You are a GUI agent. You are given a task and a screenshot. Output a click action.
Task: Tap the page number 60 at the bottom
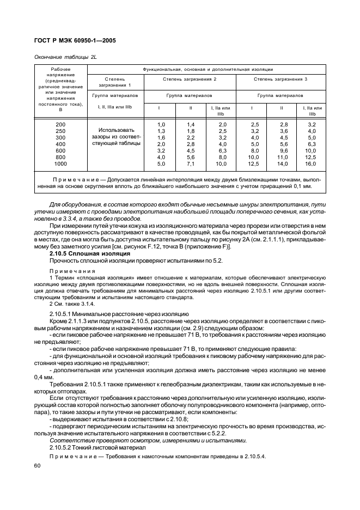(x=38, y=466)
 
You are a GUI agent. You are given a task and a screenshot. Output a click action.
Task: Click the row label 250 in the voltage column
(x=60, y=131)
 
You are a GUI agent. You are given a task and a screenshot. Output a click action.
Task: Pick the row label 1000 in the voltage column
(x=60, y=163)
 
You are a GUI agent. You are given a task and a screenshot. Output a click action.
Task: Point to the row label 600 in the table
(x=60, y=150)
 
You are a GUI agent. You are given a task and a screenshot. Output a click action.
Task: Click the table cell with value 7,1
(x=191, y=163)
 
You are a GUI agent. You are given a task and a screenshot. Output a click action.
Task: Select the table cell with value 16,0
(x=311, y=163)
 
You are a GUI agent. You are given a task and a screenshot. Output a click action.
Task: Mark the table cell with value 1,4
(x=191, y=125)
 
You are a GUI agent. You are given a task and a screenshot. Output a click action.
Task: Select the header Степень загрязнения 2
(x=190, y=80)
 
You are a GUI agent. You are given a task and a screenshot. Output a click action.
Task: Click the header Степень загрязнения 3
(x=280, y=80)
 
